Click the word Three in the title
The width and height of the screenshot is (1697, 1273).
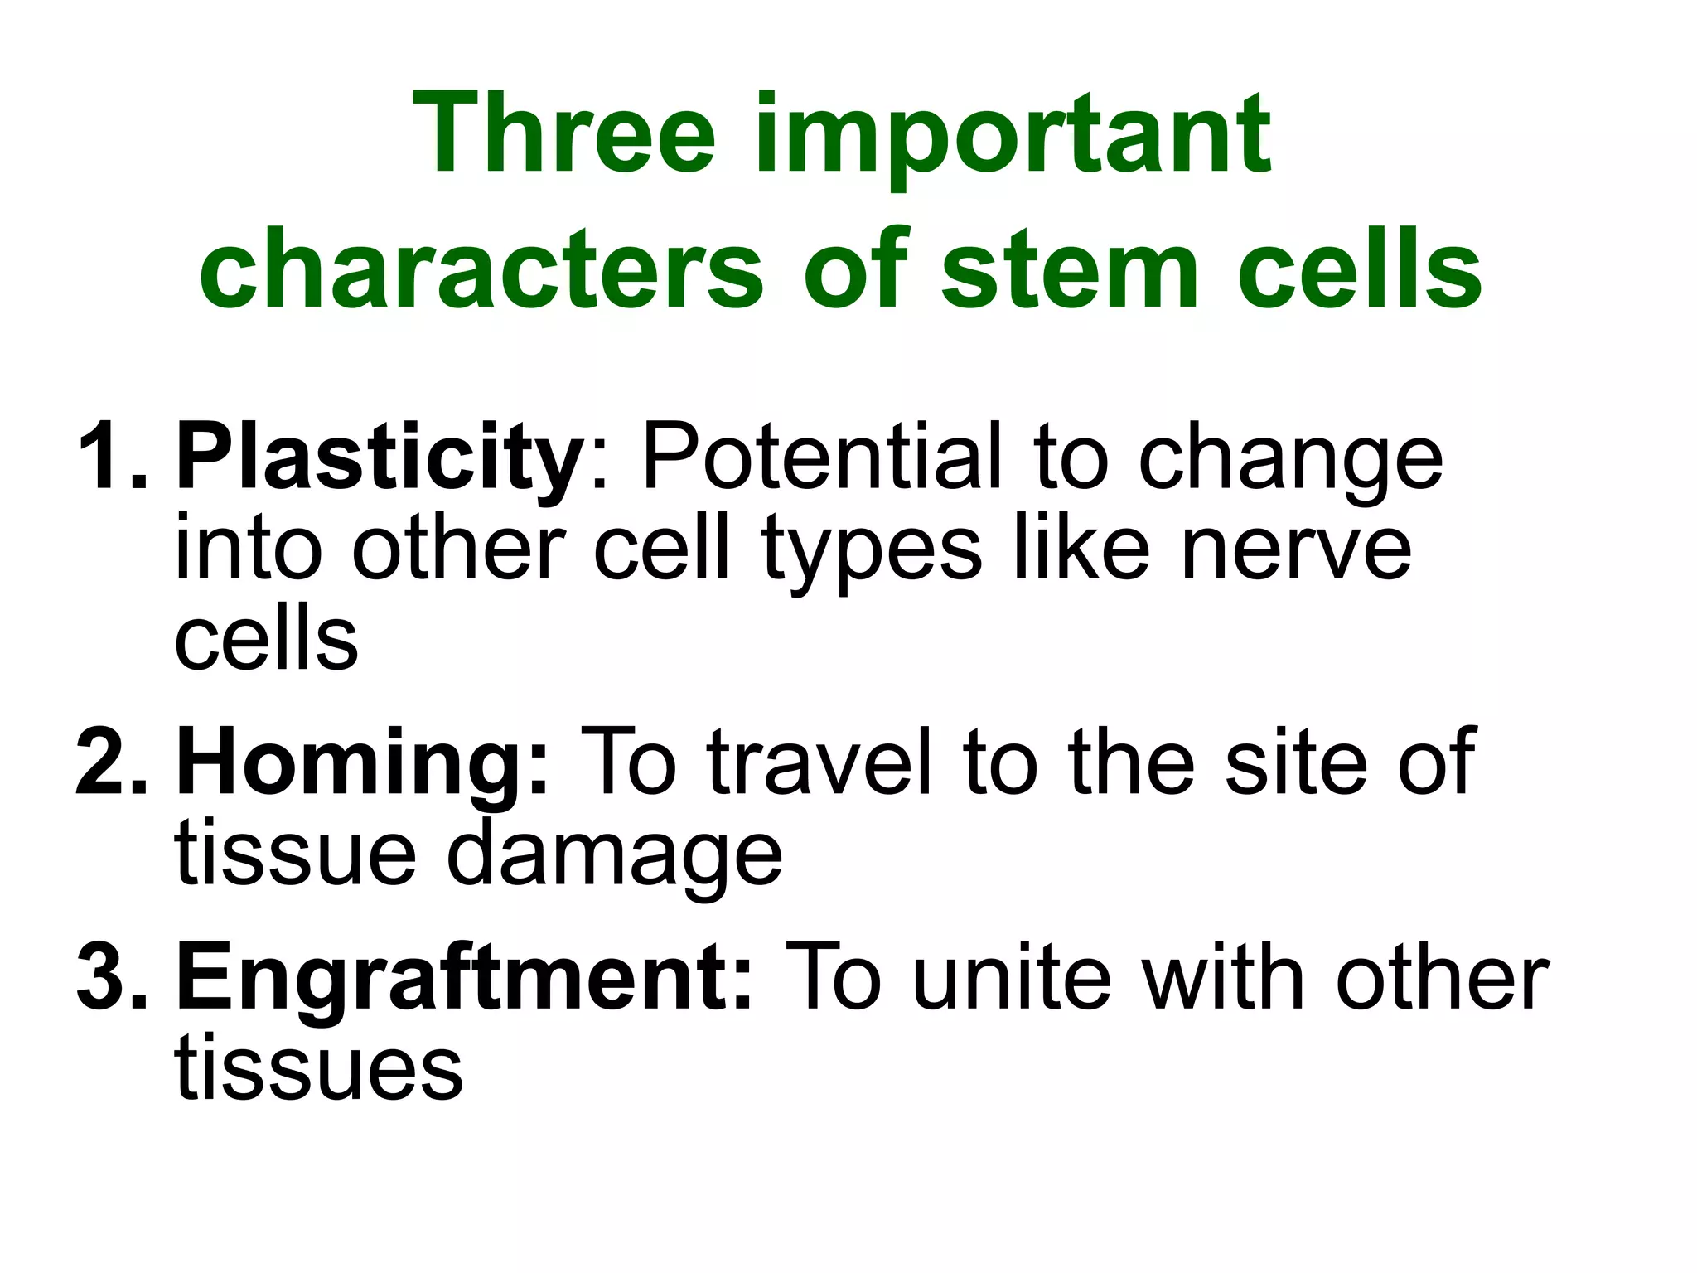[x=568, y=134]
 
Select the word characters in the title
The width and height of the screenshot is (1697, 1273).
[x=481, y=270]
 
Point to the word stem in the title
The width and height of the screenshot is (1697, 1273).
[x=1068, y=270]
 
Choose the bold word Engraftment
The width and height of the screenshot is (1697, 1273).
[x=464, y=981]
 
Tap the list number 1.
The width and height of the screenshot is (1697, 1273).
[x=112, y=457]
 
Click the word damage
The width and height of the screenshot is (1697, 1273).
[x=614, y=855]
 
